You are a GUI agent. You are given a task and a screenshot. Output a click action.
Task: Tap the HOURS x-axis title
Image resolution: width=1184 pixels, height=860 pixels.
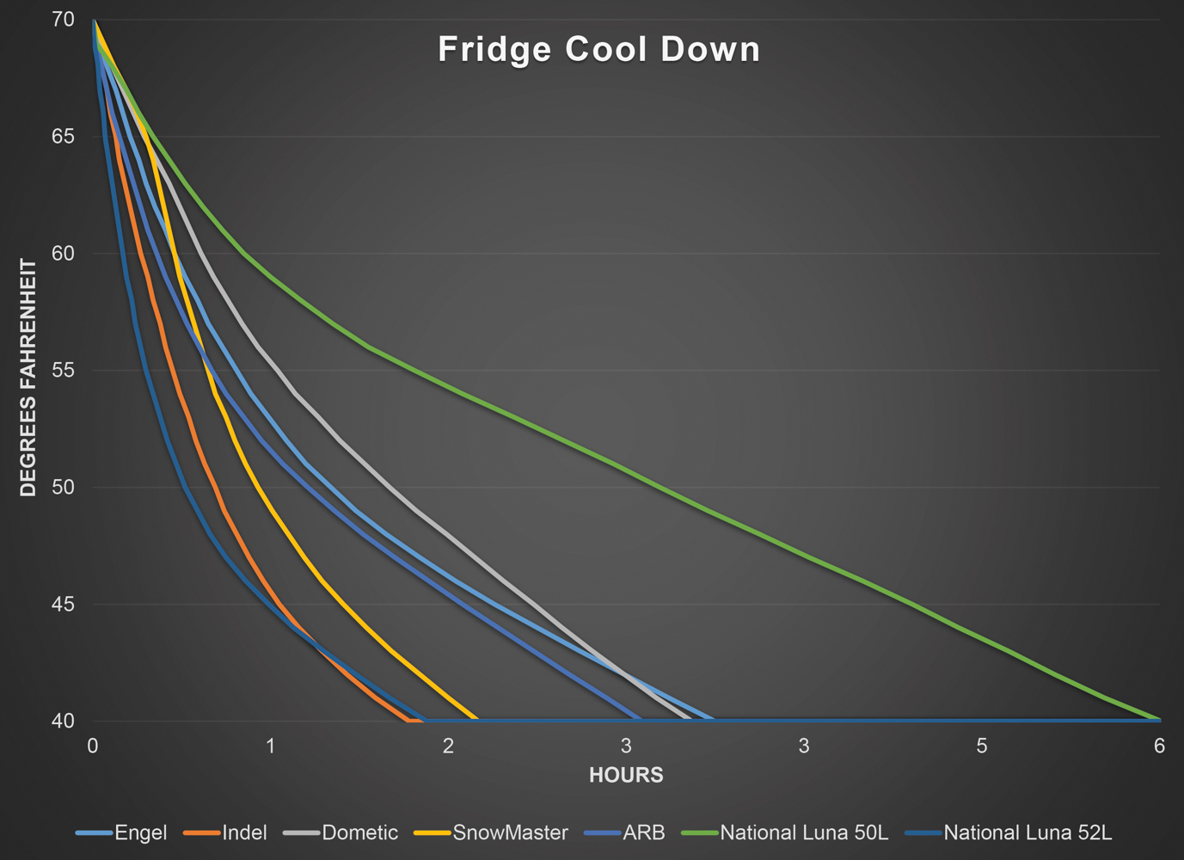[626, 775]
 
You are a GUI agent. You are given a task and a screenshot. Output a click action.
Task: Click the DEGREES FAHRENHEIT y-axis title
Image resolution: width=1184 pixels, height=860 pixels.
[28, 378]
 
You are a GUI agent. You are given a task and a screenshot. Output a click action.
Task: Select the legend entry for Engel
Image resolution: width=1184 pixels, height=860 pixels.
[140, 832]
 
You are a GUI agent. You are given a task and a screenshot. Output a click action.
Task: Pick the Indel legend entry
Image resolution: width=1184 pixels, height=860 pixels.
[244, 832]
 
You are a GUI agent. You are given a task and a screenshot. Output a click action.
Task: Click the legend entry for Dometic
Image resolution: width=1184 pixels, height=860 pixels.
[359, 832]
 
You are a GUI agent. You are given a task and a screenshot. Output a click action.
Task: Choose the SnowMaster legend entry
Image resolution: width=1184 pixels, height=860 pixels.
[510, 832]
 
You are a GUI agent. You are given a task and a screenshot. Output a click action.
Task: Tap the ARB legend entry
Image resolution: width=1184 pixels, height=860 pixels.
[644, 832]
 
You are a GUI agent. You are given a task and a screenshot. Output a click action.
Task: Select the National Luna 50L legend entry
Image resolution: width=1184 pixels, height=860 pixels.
[803, 832]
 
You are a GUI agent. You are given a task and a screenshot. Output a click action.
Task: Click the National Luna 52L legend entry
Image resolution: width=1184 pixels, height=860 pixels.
[1028, 832]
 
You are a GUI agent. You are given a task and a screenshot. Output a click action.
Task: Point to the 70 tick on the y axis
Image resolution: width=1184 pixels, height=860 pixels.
[63, 20]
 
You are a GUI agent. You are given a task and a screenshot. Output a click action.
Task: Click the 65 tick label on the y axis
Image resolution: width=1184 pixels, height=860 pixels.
[63, 137]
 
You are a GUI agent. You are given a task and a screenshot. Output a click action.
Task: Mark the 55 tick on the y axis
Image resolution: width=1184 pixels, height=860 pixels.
[63, 371]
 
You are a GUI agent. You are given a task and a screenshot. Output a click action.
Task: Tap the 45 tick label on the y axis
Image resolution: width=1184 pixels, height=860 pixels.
[63, 605]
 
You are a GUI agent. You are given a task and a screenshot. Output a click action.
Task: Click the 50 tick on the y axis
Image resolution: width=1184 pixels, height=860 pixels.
[63, 488]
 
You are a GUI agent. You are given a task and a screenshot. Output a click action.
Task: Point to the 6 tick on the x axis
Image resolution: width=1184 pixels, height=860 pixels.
[1159, 746]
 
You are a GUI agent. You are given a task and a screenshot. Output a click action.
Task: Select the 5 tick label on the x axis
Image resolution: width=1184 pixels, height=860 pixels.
[982, 746]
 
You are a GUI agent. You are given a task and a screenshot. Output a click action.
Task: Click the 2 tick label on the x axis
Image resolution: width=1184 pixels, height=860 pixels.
[448, 746]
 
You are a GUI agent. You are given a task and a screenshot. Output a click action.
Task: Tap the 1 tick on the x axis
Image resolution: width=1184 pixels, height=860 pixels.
[270, 746]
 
